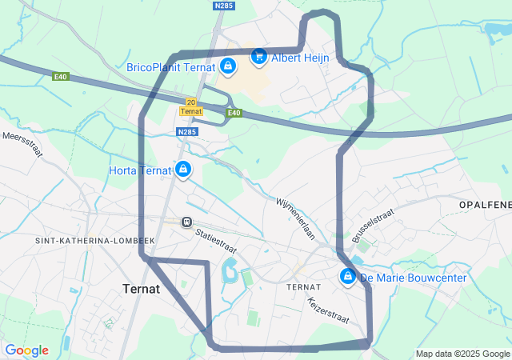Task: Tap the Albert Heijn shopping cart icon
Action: (258, 56)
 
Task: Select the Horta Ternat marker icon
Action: (183, 169)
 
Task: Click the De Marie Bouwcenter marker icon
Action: (348, 277)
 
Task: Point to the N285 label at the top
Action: (225, 6)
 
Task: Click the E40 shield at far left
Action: (61, 77)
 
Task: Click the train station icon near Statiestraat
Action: (186, 222)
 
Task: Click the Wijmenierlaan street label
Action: (296, 218)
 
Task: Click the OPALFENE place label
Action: (485, 206)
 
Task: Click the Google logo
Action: (26, 350)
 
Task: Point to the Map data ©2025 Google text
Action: (462, 354)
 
